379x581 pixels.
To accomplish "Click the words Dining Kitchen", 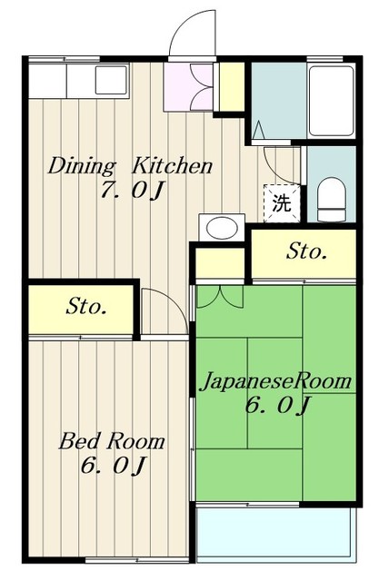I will pos(130,167).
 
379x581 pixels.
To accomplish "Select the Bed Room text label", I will pos(113,442).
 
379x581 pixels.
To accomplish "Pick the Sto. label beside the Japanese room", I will pos(306,251).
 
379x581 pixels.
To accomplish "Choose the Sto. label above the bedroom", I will pos(86,307).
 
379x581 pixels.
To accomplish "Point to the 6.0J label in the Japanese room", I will pos(277,406).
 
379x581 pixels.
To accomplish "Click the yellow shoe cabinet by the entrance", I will pos(231,84).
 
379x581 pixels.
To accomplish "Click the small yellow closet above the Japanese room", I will pos(219,264).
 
